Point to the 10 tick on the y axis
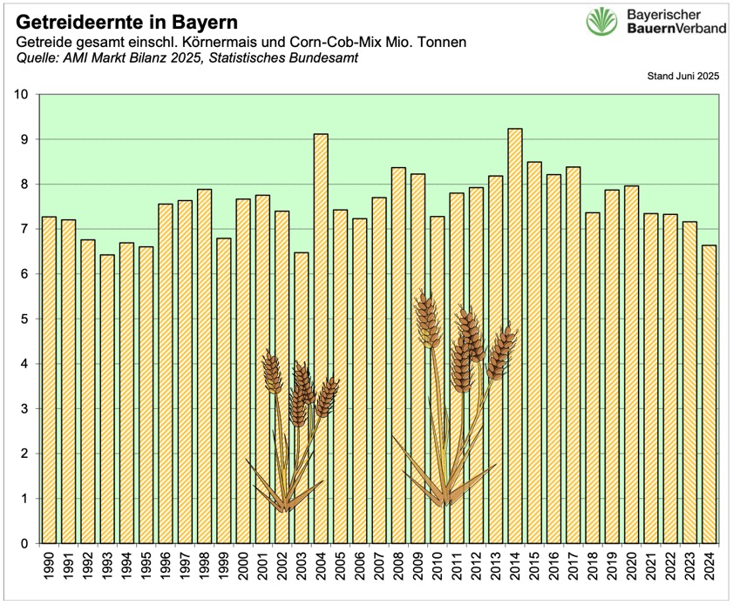click(x=21, y=95)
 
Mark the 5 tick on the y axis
click(x=24, y=319)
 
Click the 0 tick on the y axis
click(x=24, y=543)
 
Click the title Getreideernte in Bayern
click(x=126, y=19)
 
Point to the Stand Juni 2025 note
click(x=682, y=77)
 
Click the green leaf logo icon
click(x=601, y=22)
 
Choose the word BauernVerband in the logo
click(x=676, y=29)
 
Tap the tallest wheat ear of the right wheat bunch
click(x=426, y=319)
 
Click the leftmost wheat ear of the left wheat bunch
click(x=271, y=372)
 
